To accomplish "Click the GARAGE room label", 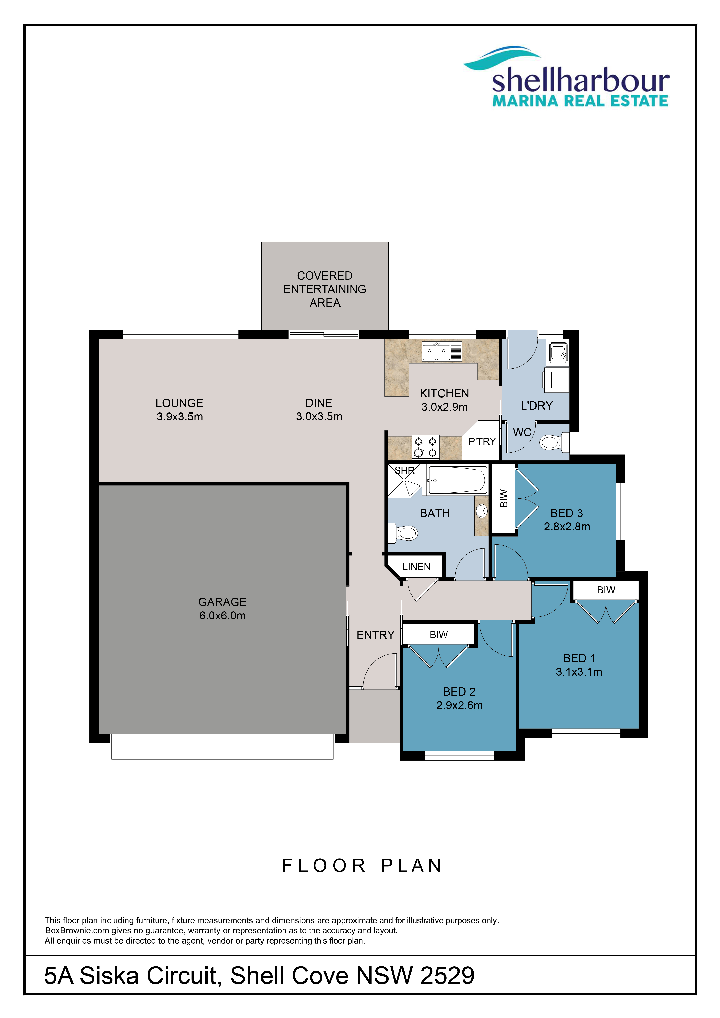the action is point(222,602).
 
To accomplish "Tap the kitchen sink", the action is point(442,352).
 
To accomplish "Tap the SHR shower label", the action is point(405,470).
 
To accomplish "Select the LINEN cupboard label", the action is point(416,567).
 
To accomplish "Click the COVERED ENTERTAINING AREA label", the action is point(325,289).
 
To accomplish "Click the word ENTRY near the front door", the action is point(375,635).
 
